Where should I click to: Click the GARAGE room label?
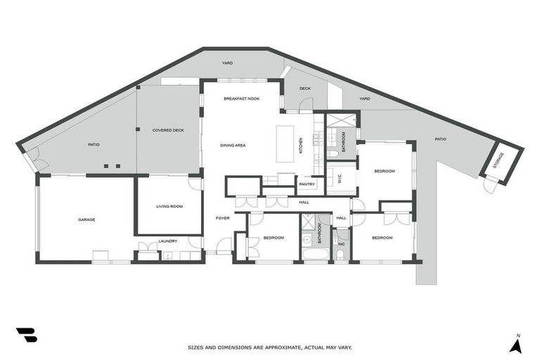point(86,219)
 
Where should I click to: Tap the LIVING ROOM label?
point(169,206)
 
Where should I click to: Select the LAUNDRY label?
point(168,241)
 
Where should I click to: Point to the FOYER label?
point(222,219)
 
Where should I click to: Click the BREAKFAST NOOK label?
point(241,98)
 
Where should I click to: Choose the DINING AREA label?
point(233,145)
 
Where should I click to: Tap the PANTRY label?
point(307,184)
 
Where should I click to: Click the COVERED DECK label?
point(168,131)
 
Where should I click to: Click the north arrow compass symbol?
point(516,344)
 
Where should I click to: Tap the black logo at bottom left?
point(26,335)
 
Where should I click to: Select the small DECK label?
point(305,89)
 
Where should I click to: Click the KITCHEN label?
point(301,146)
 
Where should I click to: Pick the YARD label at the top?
point(227,63)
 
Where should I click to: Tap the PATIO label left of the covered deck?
point(94,145)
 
